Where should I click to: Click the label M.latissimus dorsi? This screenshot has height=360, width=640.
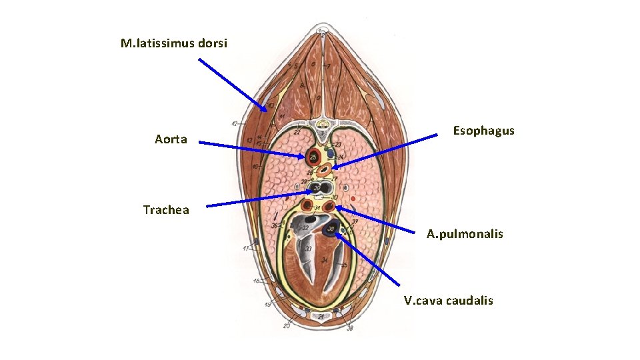[x=173, y=43]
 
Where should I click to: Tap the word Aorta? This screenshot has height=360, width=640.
[x=171, y=139]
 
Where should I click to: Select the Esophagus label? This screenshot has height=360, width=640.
[x=483, y=131]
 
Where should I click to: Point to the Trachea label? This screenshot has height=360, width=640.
[x=166, y=210]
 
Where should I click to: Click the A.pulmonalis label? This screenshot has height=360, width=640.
[x=465, y=234]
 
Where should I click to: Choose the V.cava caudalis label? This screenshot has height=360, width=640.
[x=448, y=300]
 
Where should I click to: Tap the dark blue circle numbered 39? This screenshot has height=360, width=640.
[x=331, y=230]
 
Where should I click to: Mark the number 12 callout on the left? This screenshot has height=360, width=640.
[x=235, y=124]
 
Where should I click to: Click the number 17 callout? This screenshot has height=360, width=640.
[x=246, y=249]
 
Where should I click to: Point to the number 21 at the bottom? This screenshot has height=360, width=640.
[x=321, y=316]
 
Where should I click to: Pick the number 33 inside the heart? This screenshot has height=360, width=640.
[x=309, y=249]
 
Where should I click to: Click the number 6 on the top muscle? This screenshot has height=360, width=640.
[x=313, y=64]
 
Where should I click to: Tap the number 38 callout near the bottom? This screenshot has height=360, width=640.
[x=350, y=327]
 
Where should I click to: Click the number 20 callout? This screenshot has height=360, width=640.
[x=287, y=326]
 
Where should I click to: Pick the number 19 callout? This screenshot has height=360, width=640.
[x=267, y=305]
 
